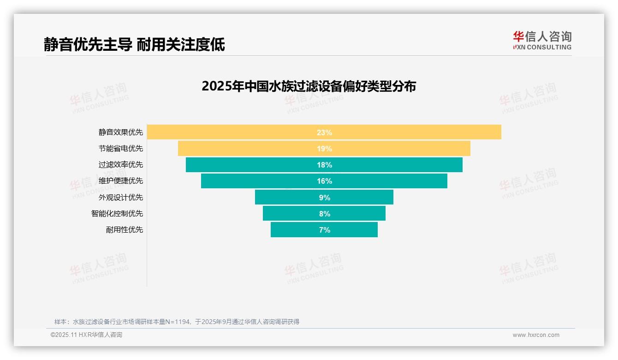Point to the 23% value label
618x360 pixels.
coord(324,132)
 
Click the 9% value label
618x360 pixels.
coord(324,198)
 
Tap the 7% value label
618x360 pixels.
coord(324,230)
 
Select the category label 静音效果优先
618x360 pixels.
coord(120,132)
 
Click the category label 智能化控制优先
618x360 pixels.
coord(117,214)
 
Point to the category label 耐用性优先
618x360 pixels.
coord(124,230)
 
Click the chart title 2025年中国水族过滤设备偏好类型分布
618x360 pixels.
coord(309,86)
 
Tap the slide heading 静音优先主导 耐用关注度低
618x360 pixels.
coord(134,44)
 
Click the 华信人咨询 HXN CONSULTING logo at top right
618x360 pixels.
coord(542,40)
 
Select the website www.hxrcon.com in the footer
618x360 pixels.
coord(535,335)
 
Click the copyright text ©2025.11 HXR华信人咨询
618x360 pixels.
coord(86,335)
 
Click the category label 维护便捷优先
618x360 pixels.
coord(120,181)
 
